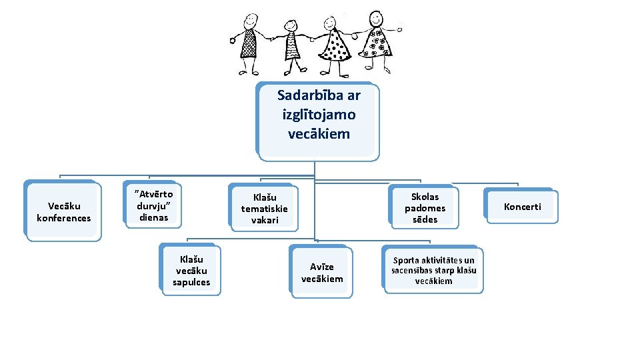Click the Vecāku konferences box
click(x=63, y=212)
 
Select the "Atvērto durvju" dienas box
click(x=153, y=205)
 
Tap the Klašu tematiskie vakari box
click(x=265, y=208)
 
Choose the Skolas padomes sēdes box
click(x=425, y=207)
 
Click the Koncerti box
click(x=522, y=207)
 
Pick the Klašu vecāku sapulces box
click(x=191, y=271)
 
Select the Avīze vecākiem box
click(x=322, y=272)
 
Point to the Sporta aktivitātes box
click(x=433, y=270)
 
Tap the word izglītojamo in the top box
click(x=319, y=114)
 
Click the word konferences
click(x=63, y=218)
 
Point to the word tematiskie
click(x=265, y=208)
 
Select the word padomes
click(x=425, y=207)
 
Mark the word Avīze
click(x=322, y=267)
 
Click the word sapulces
click(x=191, y=282)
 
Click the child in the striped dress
click(x=293, y=45)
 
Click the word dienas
click(x=153, y=217)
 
